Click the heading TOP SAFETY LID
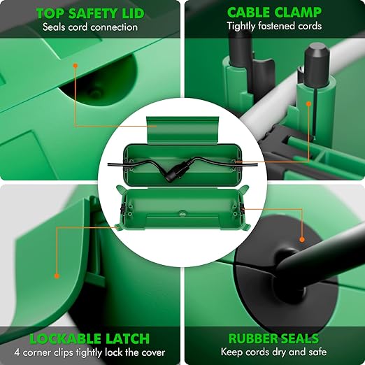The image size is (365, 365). [90, 13]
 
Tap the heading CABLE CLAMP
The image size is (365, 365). [274, 13]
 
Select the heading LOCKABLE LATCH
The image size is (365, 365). [90, 339]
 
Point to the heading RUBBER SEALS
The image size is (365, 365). [273, 338]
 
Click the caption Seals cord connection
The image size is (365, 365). [90, 27]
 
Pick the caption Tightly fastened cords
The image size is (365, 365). [274, 26]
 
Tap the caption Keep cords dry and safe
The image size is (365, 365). [273, 352]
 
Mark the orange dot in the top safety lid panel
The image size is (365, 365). [75, 66]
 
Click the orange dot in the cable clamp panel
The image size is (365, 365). [308, 103]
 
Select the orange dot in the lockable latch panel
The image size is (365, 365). [57, 276]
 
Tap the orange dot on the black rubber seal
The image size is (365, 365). [302, 239]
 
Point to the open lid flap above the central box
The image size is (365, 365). [183, 130]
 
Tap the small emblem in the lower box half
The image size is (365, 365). [182, 213]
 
